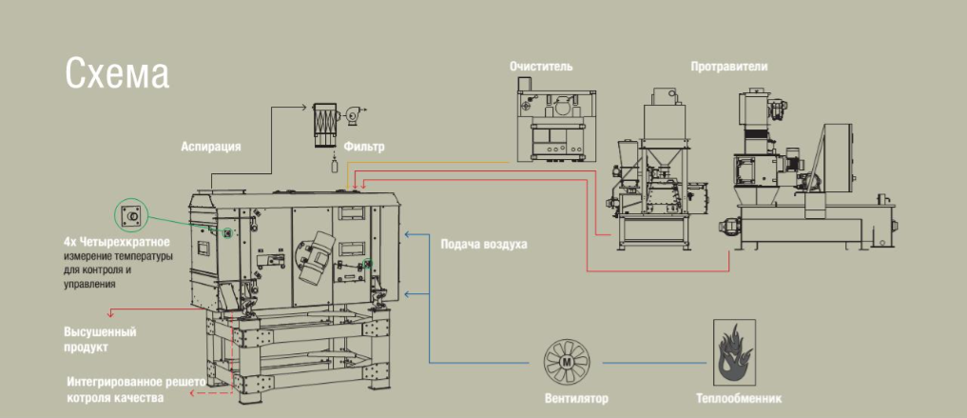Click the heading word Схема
pos(117,73)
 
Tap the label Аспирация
pos(210,147)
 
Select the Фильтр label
pos(365,147)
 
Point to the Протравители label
pos(729,67)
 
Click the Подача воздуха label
pos(483,244)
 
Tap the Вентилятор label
pos(576,398)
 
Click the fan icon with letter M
pos(568,363)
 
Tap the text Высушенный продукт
pos(100,339)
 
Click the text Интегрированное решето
pos(136,382)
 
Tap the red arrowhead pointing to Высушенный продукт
pos(111,311)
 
